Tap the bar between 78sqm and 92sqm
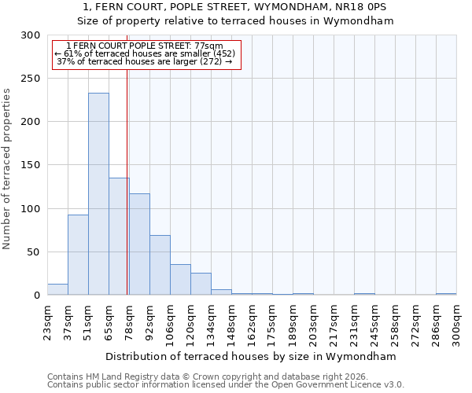tap(139, 244)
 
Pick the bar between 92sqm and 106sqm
tap(160, 265)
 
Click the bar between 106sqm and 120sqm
tap(180, 280)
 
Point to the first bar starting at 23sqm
tap(57, 290)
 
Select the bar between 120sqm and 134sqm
tap(201, 284)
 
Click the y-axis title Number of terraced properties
tap(7, 169)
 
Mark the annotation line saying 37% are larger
tap(145, 61)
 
